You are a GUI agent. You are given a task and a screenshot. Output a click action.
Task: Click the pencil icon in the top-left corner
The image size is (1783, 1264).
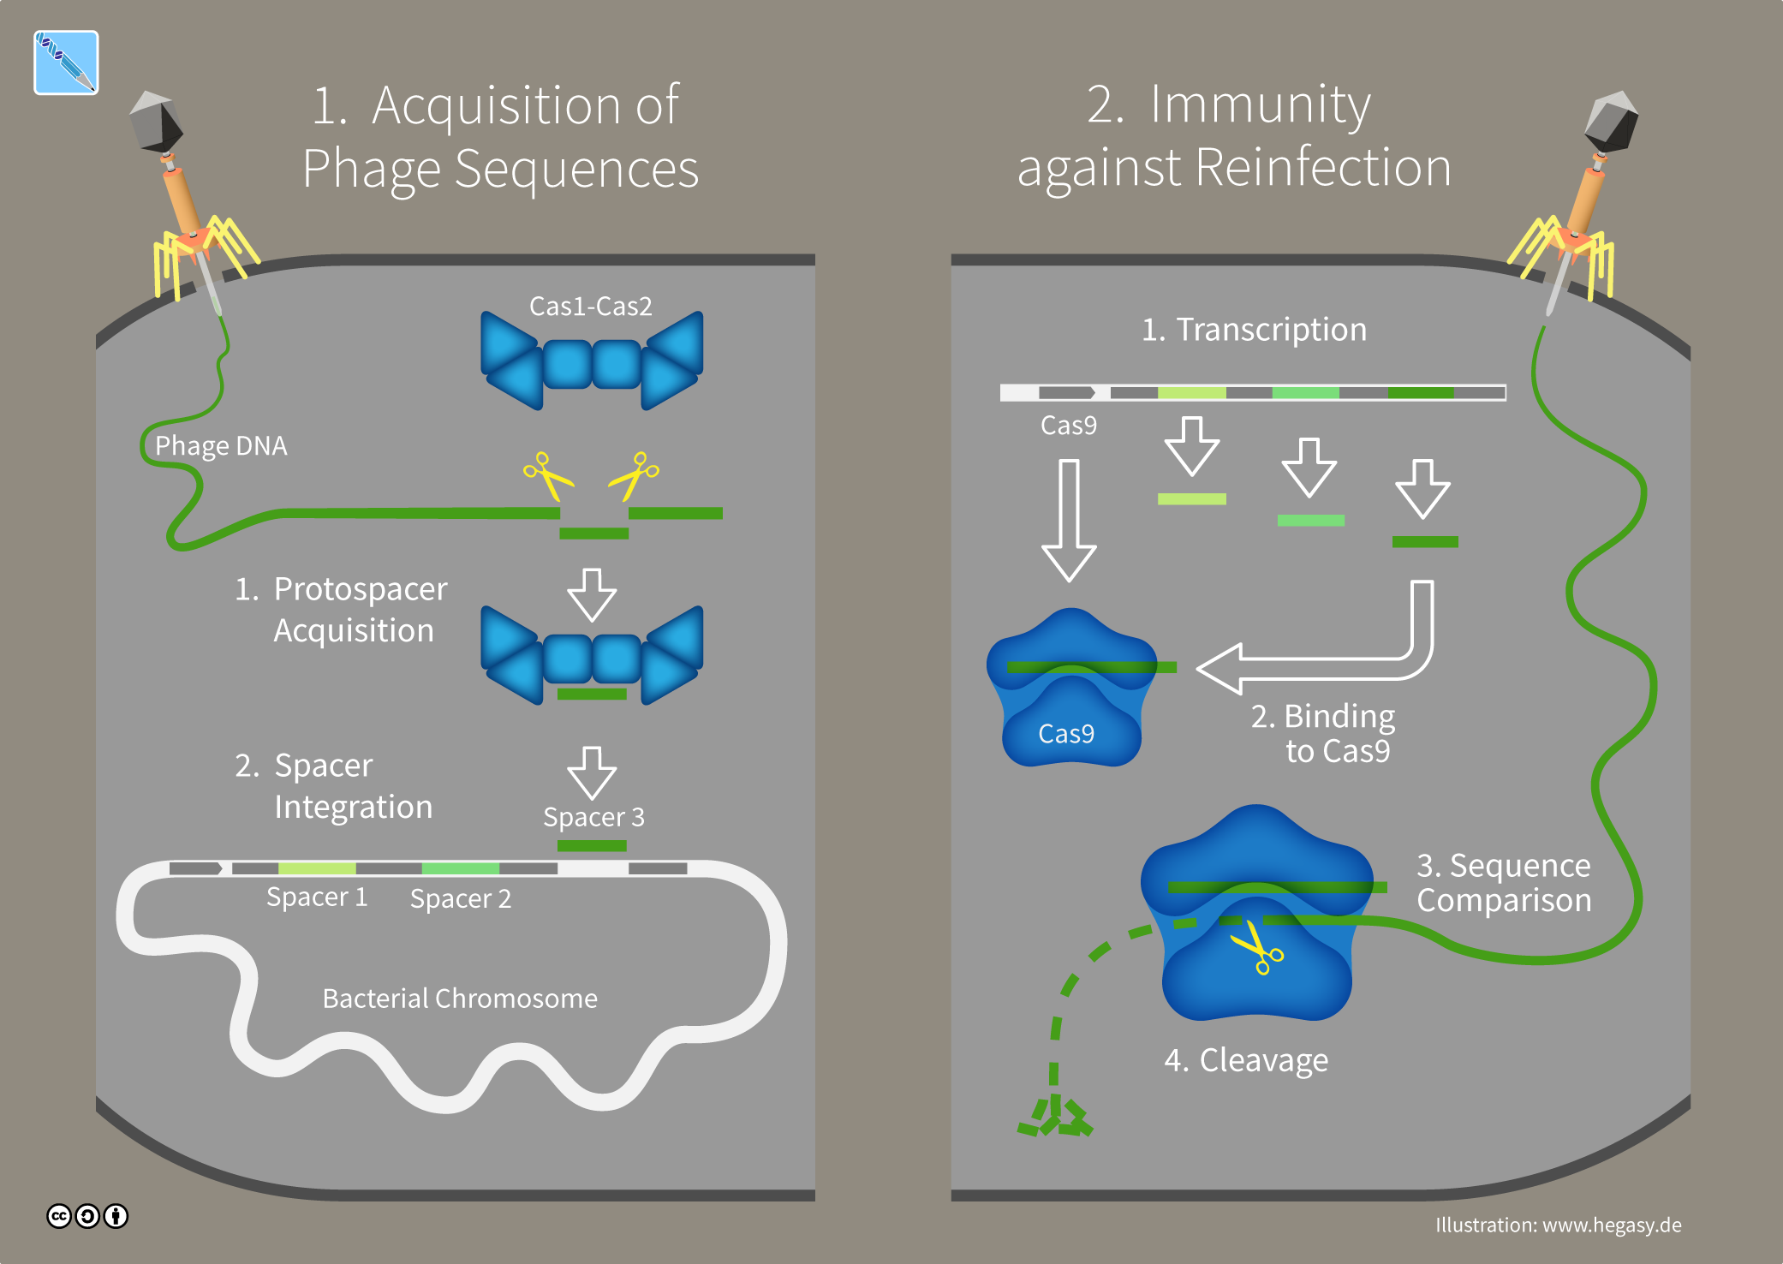pos(66,63)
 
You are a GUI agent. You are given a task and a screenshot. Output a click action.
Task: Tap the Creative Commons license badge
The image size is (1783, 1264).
pos(87,1216)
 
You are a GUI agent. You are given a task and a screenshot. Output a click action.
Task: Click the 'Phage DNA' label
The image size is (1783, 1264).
pos(221,446)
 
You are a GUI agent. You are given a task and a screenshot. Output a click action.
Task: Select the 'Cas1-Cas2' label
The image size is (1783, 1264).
pos(591,306)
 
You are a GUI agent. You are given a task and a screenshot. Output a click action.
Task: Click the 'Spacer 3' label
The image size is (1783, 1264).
pos(593,817)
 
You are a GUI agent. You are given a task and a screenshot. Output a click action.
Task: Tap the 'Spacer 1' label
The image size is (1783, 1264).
pos(317,897)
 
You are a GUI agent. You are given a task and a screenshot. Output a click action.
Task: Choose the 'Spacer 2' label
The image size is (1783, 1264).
pos(461,898)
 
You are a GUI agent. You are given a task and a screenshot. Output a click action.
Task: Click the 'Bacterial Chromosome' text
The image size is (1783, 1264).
pos(460,999)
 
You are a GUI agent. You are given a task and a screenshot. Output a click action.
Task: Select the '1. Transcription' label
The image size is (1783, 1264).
pos(1254,330)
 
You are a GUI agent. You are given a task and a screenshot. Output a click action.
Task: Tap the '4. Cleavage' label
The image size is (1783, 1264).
pos(1246,1060)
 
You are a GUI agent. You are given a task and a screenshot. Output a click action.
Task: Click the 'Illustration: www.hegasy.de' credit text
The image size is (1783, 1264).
pos(1558,1225)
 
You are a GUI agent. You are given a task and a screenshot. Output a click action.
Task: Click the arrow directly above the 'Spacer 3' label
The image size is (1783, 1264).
pos(592,772)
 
